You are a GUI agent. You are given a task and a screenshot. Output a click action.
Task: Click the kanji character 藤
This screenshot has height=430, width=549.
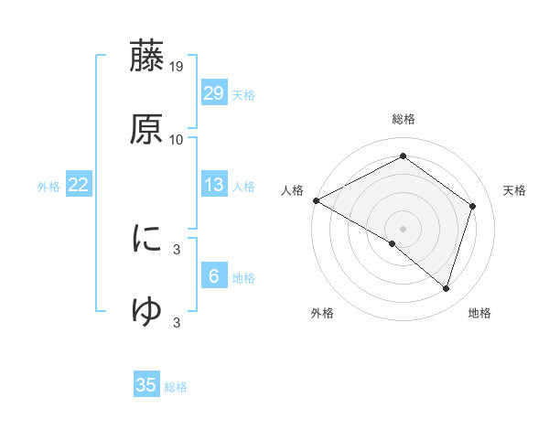pyautogui.click(x=146, y=58)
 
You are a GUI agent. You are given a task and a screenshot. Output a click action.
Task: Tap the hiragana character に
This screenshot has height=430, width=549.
pyautogui.click(x=146, y=239)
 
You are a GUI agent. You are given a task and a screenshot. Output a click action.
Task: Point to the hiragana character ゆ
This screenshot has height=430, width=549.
pyautogui.click(x=146, y=311)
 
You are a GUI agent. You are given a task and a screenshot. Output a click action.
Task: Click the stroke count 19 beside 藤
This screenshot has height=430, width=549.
pyautogui.click(x=177, y=67)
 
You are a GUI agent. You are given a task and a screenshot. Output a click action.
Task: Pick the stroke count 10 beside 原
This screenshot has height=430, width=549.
pyautogui.click(x=177, y=139)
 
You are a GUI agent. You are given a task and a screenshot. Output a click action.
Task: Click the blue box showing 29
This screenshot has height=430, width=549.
pyautogui.click(x=213, y=93)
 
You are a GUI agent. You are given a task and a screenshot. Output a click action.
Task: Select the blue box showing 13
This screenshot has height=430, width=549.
pyautogui.click(x=213, y=185)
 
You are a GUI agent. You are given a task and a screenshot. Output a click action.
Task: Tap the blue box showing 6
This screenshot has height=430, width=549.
pyautogui.click(x=213, y=276)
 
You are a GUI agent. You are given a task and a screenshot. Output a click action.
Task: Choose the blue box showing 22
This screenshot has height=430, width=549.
pyautogui.click(x=78, y=185)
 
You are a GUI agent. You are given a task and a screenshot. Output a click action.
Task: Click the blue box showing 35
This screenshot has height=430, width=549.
pyautogui.click(x=146, y=385)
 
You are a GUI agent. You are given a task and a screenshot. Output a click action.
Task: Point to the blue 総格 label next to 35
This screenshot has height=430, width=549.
pyautogui.click(x=176, y=387)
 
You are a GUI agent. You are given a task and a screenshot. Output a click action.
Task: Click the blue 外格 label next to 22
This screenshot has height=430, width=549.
pyautogui.click(x=48, y=187)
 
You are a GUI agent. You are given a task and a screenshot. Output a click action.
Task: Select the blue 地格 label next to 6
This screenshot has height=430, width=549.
pyautogui.click(x=243, y=278)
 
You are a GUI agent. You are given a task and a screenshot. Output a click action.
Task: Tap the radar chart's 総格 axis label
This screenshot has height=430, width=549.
pyautogui.click(x=403, y=119)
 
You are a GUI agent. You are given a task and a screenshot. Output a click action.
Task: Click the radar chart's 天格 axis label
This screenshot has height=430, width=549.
pyautogui.click(x=514, y=190)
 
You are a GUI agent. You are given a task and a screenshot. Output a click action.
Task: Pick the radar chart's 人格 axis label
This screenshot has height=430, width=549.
pyautogui.click(x=292, y=190)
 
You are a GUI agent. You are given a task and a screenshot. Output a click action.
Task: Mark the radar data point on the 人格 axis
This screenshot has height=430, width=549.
pyautogui.click(x=316, y=200)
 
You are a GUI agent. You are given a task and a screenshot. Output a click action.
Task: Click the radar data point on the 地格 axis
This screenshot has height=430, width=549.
pyautogui.click(x=446, y=288)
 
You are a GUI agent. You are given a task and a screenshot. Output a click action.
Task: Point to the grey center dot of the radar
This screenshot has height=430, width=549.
pyautogui.click(x=403, y=228)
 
